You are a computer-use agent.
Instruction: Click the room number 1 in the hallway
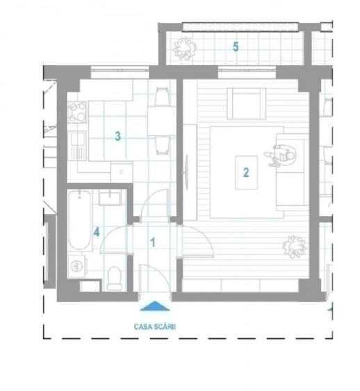pos(153,242)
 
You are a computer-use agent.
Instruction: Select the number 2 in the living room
pos(245,172)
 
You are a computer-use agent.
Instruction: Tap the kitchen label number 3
pos(118,137)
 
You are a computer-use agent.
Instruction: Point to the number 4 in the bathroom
pos(97,232)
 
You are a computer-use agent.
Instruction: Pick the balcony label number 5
pos(236,47)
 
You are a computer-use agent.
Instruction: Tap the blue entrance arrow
pos(154,305)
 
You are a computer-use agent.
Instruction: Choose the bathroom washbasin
pos(110,199)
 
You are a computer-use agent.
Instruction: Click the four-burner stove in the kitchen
pos(76,110)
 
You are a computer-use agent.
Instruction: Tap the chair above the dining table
pos(161,95)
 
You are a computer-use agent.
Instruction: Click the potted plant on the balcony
pos(184,48)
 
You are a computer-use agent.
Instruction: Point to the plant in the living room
pos(293,247)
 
